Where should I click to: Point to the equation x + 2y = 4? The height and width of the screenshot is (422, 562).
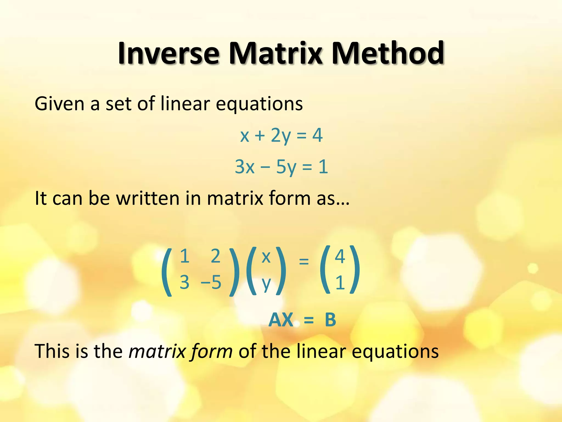click(x=281, y=135)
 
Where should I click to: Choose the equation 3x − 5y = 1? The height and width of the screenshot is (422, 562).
click(x=281, y=167)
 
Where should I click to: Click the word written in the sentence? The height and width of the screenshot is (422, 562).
click(x=148, y=198)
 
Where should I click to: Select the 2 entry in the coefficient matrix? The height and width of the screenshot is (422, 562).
click(x=215, y=256)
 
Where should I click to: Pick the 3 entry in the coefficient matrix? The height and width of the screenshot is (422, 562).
click(x=184, y=282)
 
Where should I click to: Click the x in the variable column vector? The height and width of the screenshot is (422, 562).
click(x=266, y=257)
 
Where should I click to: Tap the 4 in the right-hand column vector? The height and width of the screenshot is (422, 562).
click(x=340, y=256)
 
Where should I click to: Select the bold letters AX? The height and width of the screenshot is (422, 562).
click(x=281, y=320)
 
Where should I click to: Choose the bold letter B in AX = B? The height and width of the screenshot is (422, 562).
click(x=330, y=320)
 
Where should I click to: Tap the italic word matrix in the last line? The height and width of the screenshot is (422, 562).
click(x=158, y=351)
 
